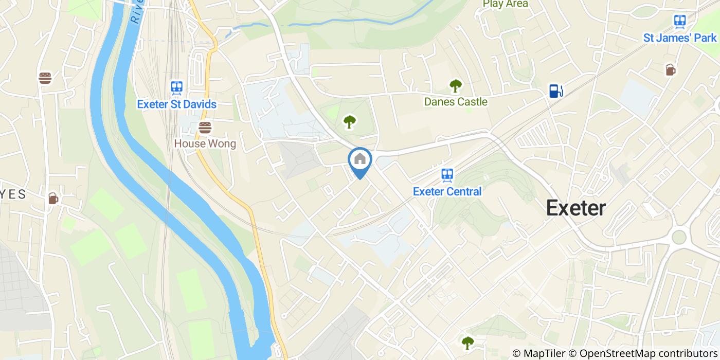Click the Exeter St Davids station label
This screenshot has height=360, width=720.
[x=176, y=104]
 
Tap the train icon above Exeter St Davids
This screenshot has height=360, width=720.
[x=177, y=87]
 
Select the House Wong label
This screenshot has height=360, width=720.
[x=205, y=143]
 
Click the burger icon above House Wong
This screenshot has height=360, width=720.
[x=205, y=127]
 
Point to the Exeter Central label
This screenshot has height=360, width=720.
[x=447, y=191]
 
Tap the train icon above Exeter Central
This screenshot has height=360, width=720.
[x=447, y=175]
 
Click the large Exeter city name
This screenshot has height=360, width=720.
[x=575, y=208]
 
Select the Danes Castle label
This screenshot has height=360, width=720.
[x=456, y=102]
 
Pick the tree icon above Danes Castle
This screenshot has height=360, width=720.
[x=455, y=85]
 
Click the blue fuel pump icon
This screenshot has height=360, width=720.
[x=555, y=91]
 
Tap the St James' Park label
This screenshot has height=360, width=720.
[x=680, y=38]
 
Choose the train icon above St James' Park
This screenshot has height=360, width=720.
[x=680, y=21]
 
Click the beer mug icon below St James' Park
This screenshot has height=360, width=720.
[x=670, y=70]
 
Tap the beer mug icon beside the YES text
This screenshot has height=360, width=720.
[x=53, y=198]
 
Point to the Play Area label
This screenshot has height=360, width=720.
[x=505, y=4]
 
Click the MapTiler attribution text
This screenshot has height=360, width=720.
[x=539, y=353]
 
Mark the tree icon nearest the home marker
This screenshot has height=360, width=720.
[x=350, y=122]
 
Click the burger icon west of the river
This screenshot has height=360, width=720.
[x=45, y=78]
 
